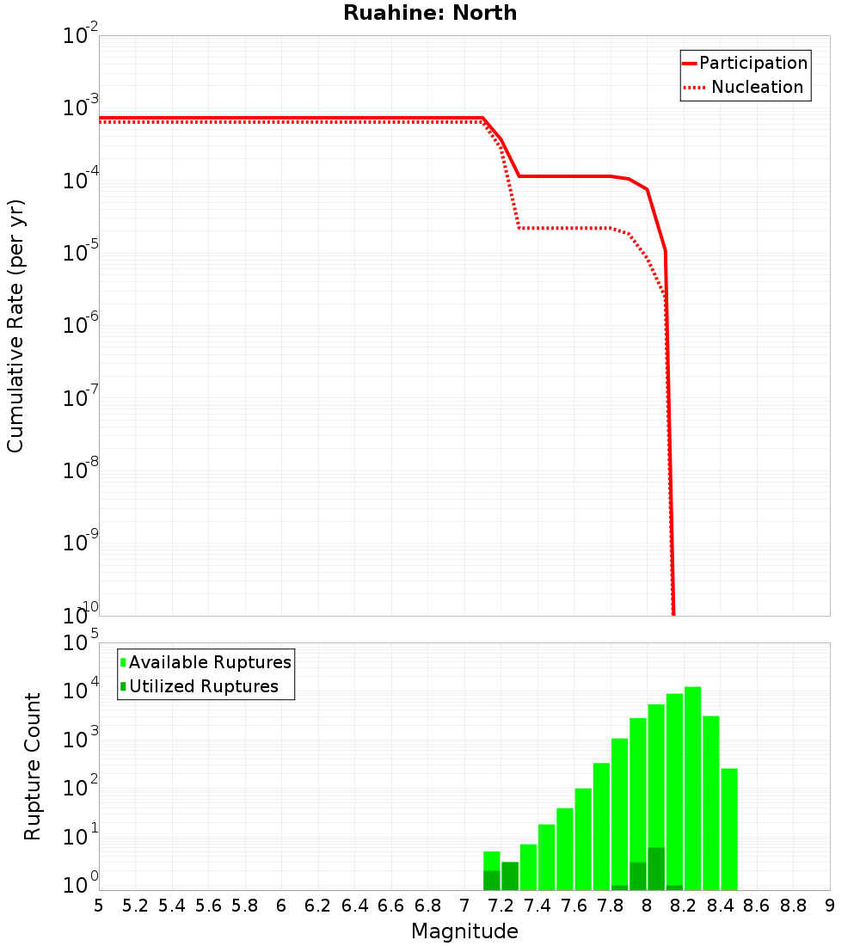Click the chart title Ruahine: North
430,13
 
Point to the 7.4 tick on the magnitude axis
537,906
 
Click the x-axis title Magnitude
464,931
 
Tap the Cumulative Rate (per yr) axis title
15,325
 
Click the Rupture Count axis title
33,766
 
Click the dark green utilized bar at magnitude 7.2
510,875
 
